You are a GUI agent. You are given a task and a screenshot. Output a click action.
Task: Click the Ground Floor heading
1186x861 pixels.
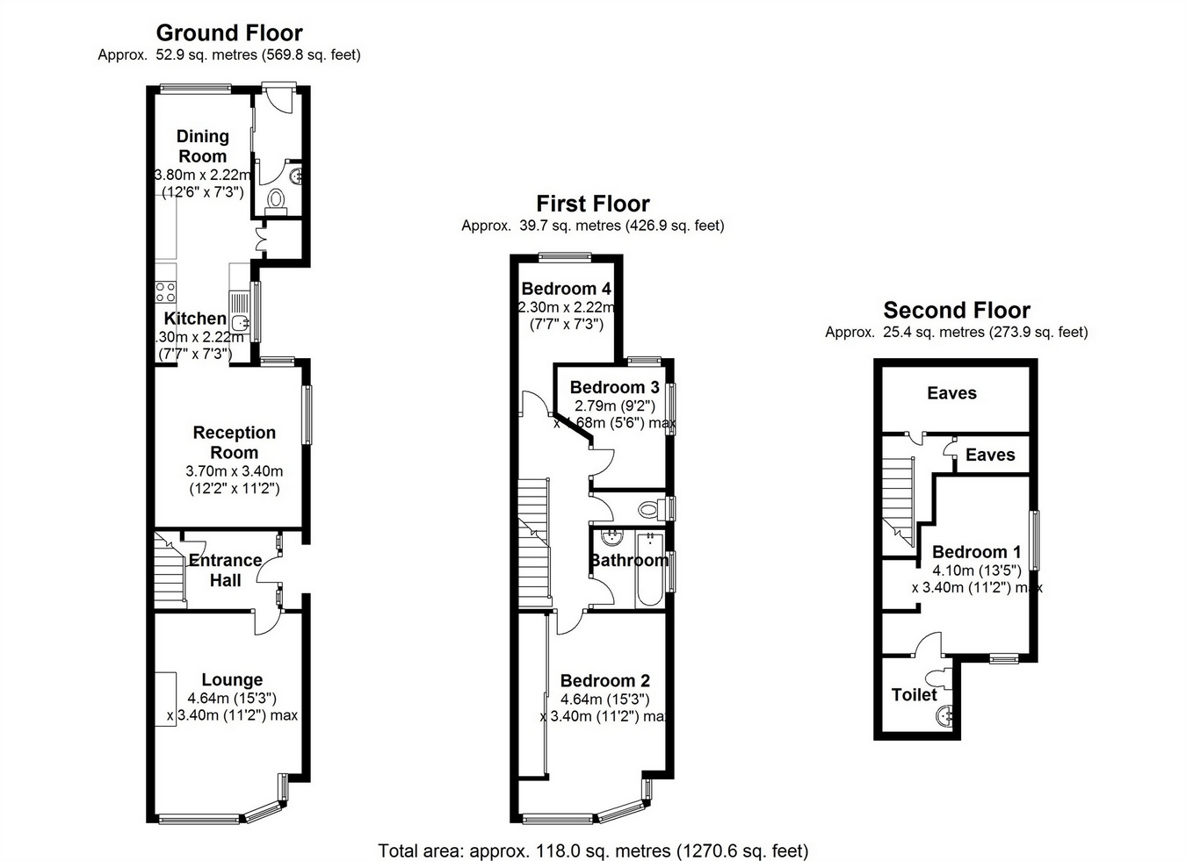pos(229,33)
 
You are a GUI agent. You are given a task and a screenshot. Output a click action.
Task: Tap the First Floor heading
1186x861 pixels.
pos(593,204)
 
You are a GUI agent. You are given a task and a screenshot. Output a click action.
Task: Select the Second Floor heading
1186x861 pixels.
pos(957,310)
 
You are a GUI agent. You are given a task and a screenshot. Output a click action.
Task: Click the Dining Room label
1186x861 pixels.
pos(203,146)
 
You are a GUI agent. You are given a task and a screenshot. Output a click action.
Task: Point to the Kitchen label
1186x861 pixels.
pos(195,319)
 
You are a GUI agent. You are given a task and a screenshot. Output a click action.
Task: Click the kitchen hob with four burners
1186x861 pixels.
pos(165,291)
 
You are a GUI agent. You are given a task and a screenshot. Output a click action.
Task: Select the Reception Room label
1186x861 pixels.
pos(235,442)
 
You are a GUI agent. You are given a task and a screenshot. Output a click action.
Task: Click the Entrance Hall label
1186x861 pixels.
pos(225,570)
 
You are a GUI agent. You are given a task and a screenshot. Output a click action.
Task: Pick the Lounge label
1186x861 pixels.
pos(232,679)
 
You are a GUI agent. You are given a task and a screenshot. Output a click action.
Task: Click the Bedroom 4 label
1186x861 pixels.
pos(566,289)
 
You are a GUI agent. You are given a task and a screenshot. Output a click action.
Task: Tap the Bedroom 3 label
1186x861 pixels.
pos(614,387)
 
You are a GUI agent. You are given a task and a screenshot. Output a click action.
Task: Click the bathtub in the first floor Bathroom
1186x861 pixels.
pos(651,570)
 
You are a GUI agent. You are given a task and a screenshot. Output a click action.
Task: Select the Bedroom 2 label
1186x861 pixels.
pos(604,680)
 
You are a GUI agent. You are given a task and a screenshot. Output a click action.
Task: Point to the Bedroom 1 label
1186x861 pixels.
pos(976,551)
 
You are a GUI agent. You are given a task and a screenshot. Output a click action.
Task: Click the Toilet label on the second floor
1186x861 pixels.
pos(914,694)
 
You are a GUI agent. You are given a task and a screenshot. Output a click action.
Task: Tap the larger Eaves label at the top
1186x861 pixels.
pos(951,392)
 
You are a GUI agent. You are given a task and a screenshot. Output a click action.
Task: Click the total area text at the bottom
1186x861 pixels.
pos(593,850)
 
